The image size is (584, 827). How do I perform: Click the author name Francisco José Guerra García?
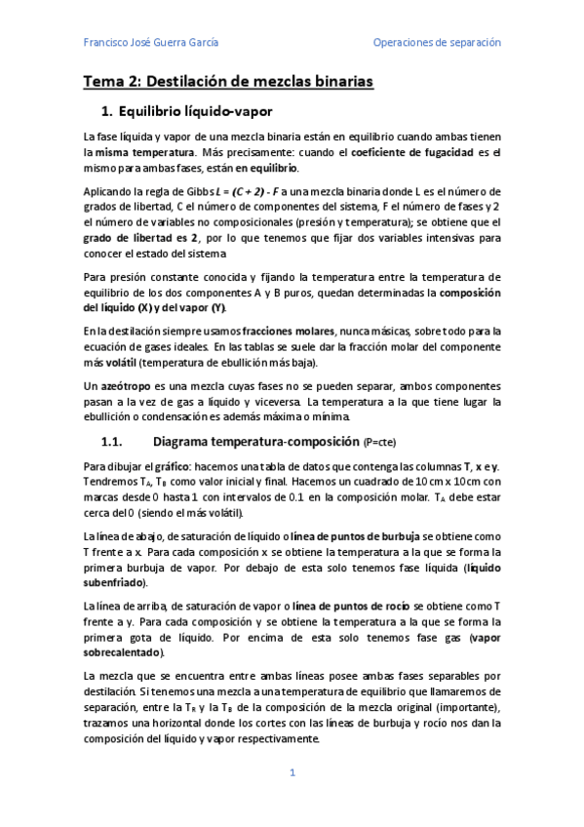click(x=151, y=43)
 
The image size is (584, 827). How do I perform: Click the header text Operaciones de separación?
click(x=437, y=43)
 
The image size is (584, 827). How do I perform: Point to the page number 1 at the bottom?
click(x=292, y=773)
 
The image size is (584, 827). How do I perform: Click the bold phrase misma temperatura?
click(x=144, y=153)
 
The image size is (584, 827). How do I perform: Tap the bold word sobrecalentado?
click(x=123, y=653)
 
